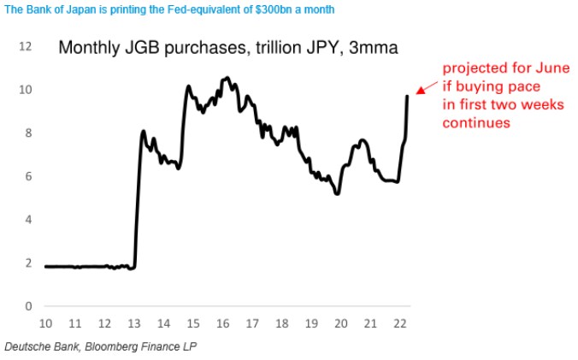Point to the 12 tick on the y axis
[x=26, y=46]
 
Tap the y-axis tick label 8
[x=28, y=133]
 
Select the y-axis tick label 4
[x=28, y=220]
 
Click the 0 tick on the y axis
[x=28, y=306]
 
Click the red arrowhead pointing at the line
[x=419, y=89]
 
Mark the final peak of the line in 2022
[x=407, y=96]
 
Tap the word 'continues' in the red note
[x=475, y=123]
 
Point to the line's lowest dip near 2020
[x=339, y=194]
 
